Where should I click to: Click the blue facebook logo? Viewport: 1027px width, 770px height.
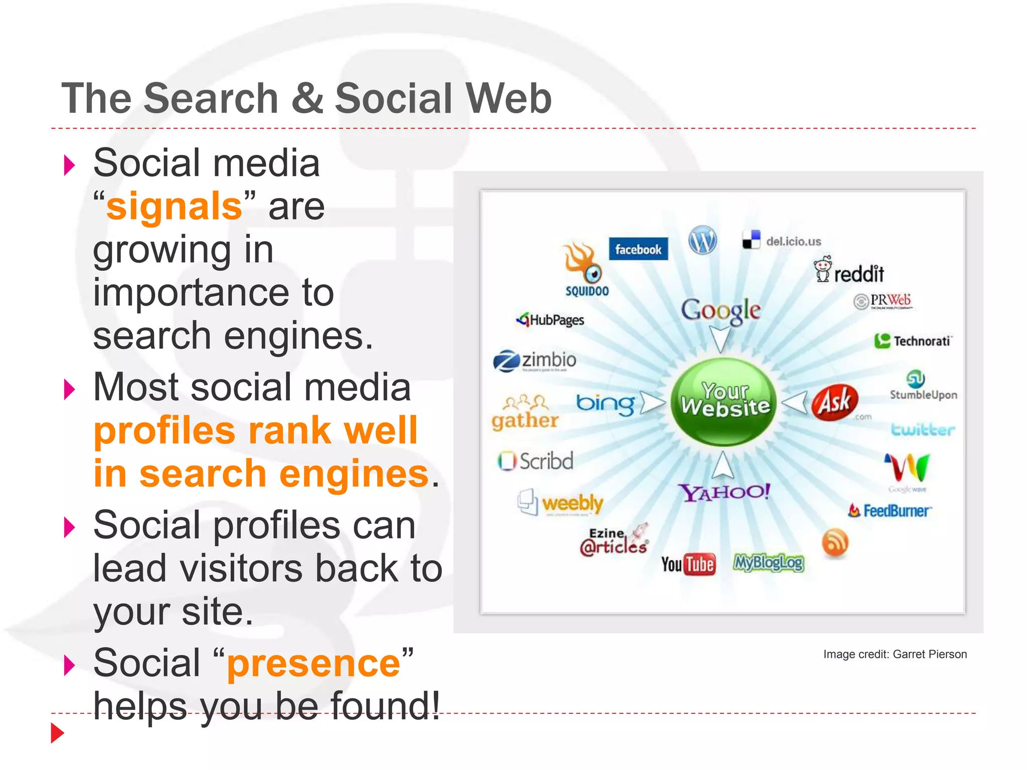pos(638,249)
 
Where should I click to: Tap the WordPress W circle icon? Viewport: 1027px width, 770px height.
pos(703,240)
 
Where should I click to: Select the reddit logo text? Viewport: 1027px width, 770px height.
pos(859,274)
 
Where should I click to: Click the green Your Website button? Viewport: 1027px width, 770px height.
pos(724,401)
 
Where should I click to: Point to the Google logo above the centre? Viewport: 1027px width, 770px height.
pos(721,310)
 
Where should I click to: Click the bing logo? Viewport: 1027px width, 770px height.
pos(605,404)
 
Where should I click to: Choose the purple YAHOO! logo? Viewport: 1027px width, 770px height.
pos(724,492)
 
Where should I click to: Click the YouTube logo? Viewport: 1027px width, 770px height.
pos(688,564)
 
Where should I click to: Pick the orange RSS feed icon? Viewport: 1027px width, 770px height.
pos(835,543)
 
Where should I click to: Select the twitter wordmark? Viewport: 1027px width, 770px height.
pos(923,430)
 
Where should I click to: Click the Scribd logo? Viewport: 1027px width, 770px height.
pos(536,461)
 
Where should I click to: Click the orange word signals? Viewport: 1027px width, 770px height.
pos(174,207)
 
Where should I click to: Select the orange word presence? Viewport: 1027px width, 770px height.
pos(313,663)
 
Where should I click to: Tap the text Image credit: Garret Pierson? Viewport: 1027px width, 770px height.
pos(895,654)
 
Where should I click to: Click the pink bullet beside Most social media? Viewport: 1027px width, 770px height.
pos(70,389)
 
